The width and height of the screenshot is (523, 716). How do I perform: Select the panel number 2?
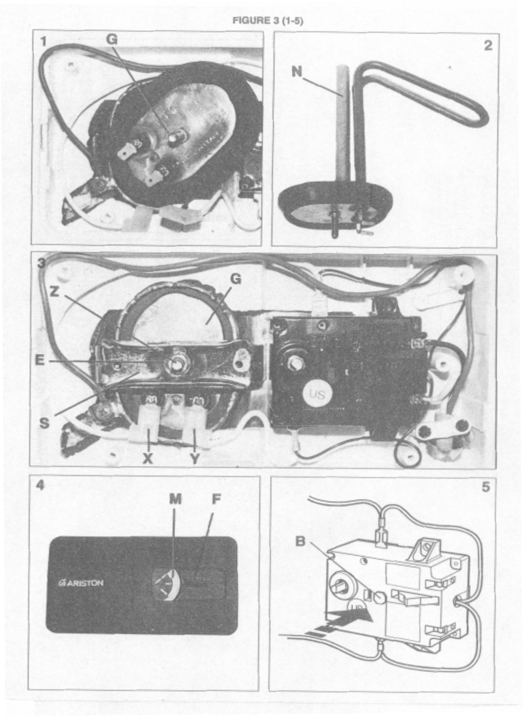487,45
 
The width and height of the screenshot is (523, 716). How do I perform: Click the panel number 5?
486,487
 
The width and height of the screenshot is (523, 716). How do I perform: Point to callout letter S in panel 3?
44,423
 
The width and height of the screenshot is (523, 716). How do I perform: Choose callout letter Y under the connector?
195,458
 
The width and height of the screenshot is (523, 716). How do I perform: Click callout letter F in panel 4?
215,499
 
